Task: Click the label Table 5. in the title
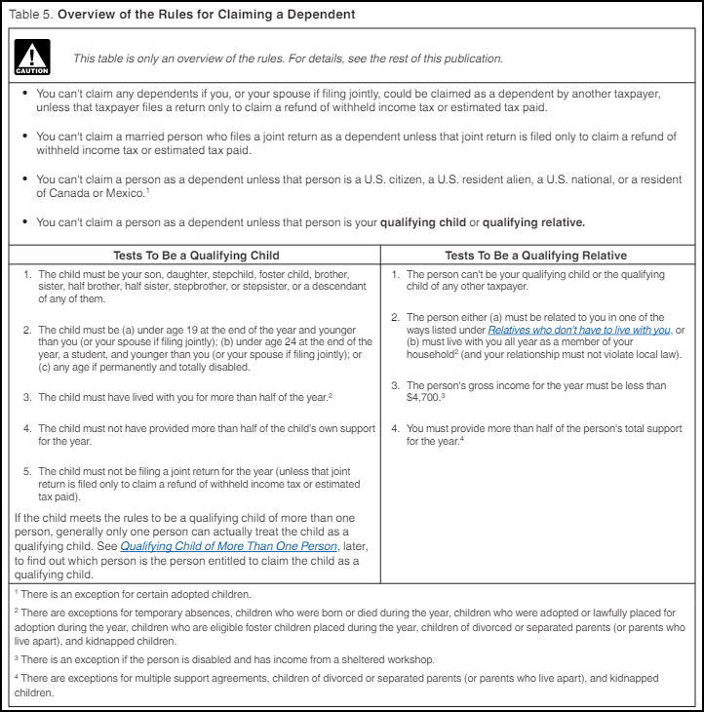point(28,15)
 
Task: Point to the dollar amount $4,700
point(424,399)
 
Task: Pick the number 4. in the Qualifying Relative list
point(397,428)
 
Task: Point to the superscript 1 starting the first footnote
point(16,592)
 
